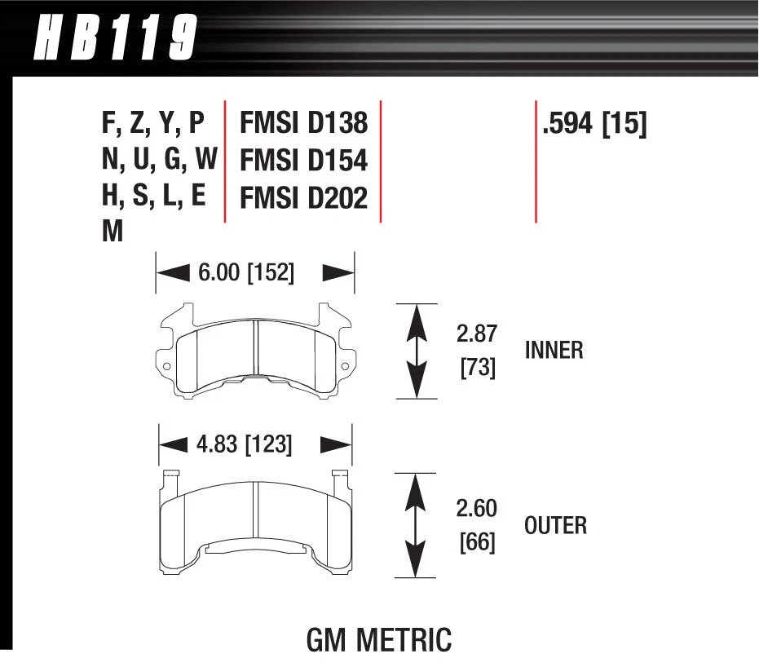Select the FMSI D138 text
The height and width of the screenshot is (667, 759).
pyautogui.click(x=303, y=122)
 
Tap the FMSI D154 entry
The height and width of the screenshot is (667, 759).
pyautogui.click(x=303, y=161)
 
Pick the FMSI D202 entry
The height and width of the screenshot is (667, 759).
pyautogui.click(x=303, y=198)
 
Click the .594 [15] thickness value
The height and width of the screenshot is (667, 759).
pyautogui.click(x=594, y=124)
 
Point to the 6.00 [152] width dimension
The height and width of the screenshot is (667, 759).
pyautogui.click(x=245, y=272)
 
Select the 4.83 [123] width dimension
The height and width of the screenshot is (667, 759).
pyautogui.click(x=245, y=444)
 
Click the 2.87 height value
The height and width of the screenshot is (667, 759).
pyautogui.click(x=476, y=333)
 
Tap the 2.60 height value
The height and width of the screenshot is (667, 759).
pyautogui.click(x=476, y=508)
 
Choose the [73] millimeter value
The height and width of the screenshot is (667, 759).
pyautogui.click(x=476, y=368)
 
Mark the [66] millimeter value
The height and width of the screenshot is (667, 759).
pyautogui.click(x=476, y=541)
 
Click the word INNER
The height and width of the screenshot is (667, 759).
pyautogui.click(x=554, y=351)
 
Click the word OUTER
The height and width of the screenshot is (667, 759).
pyautogui.click(x=555, y=525)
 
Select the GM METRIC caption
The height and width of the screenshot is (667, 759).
pyautogui.click(x=378, y=640)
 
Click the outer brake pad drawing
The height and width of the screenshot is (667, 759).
pyautogui.click(x=255, y=522)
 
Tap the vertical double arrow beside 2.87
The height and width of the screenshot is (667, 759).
pyautogui.click(x=417, y=351)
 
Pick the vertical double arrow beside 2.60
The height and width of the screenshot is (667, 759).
pyautogui.click(x=417, y=524)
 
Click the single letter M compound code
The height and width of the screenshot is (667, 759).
pyautogui.click(x=113, y=232)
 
